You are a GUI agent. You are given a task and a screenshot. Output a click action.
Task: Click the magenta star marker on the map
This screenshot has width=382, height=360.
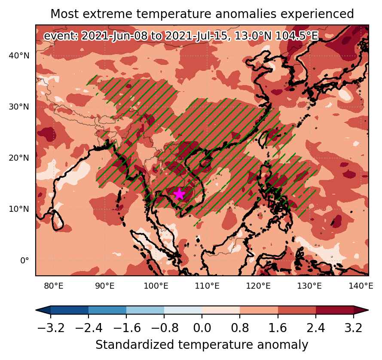(x=179, y=194)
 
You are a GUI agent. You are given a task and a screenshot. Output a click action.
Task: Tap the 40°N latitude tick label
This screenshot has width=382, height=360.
(x=19, y=56)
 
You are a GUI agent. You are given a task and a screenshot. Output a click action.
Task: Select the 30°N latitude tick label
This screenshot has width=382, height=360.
(x=19, y=107)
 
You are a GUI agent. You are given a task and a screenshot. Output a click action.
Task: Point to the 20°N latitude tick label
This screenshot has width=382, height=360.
(x=19, y=158)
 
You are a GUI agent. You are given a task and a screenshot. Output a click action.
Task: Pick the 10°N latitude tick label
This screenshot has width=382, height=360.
(x=19, y=209)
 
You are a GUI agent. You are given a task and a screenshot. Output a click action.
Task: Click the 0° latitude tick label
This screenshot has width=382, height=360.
(x=24, y=260)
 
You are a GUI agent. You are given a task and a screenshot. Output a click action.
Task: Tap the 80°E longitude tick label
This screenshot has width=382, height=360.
(x=54, y=286)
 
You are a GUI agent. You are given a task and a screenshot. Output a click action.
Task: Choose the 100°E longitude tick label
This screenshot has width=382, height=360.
(x=156, y=286)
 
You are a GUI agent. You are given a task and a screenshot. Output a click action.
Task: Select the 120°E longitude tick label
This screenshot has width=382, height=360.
(x=258, y=286)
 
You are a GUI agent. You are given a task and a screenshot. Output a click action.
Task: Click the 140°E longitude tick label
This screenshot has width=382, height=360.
(x=361, y=286)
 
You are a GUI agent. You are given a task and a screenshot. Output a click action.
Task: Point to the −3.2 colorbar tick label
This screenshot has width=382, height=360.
(x=51, y=328)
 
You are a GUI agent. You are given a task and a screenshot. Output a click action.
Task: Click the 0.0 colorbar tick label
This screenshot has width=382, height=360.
(x=202, y=328)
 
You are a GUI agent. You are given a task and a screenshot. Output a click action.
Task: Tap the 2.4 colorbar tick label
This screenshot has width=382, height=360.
(x=316, y=328)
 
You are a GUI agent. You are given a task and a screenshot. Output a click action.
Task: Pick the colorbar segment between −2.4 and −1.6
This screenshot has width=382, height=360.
(x=107, y=310)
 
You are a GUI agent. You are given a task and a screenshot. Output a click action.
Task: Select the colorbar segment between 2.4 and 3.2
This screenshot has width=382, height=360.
(x=335, y=310)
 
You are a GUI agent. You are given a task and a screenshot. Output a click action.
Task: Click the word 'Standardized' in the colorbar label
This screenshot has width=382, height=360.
(x=134, y=345)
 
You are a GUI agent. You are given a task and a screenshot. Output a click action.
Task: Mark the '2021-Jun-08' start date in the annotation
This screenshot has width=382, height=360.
(x=114, y=36)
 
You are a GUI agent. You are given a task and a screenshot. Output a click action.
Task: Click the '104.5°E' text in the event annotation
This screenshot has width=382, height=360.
(x=297, y=36)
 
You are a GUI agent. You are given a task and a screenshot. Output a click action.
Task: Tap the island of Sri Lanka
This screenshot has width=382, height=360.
(x=58, y=220)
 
